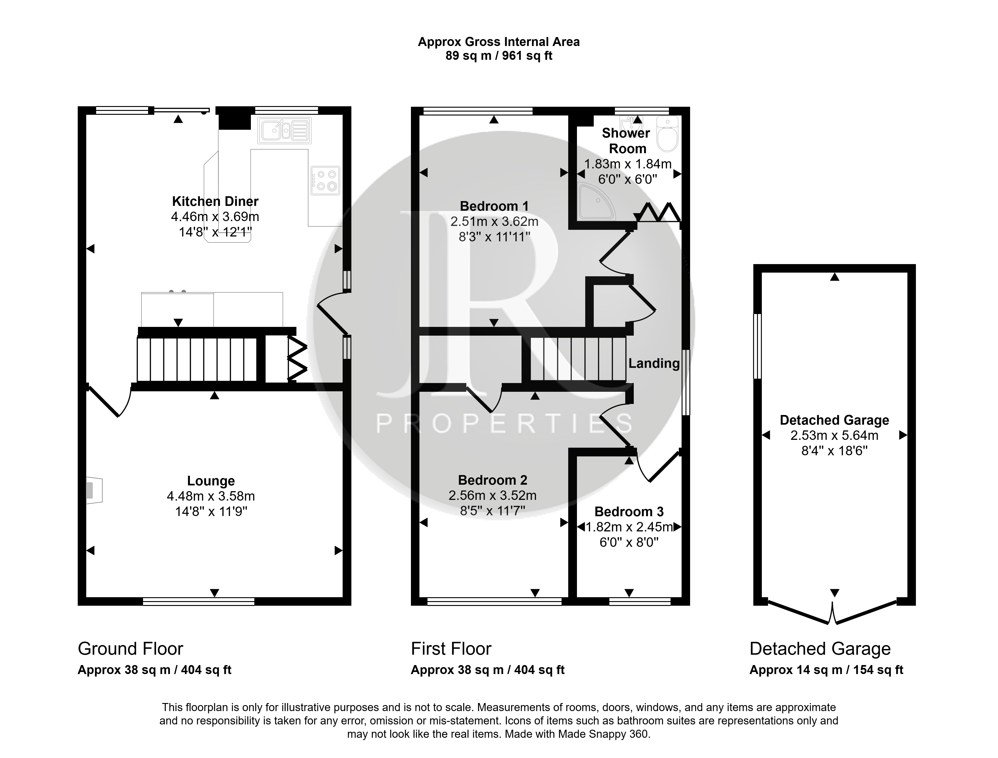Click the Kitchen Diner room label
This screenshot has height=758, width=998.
(x=215, y=201)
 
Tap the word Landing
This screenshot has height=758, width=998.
(x=654, y=363)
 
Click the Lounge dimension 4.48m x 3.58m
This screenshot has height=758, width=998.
(x=211, y=496)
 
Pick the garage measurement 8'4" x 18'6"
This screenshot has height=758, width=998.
(x=834, y=451)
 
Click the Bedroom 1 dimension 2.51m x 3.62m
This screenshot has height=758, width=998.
(x=494, y=222)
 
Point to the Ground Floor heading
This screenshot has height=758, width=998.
(x=130, y=649)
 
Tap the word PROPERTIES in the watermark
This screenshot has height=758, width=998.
(x=504, y=424)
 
